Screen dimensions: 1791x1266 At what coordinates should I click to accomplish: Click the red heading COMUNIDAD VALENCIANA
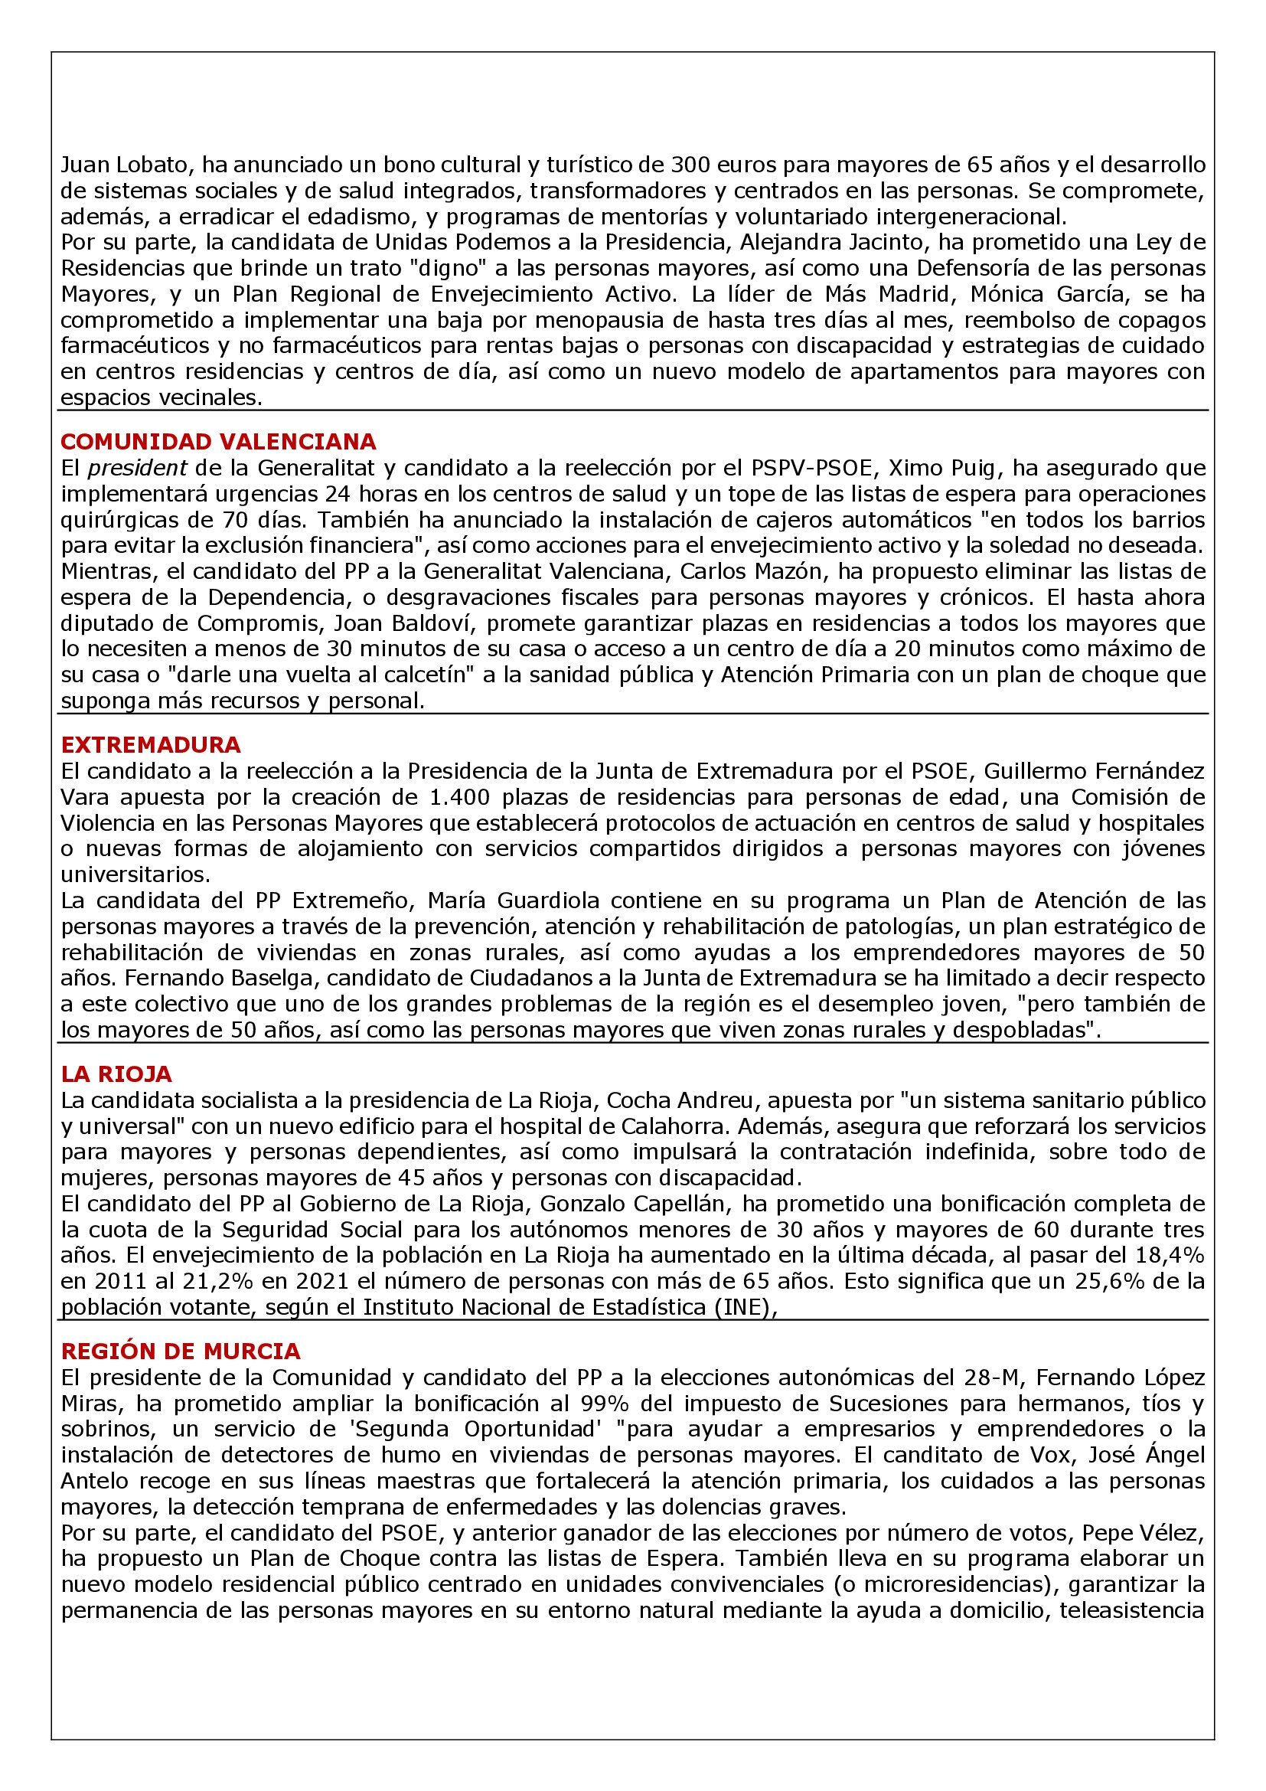218,442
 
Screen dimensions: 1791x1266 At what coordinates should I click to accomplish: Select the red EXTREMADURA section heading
152,744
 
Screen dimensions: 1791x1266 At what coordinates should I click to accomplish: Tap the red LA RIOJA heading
116,1074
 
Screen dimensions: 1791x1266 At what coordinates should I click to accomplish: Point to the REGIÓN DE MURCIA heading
181,1350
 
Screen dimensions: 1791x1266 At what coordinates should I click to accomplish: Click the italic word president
137,468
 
